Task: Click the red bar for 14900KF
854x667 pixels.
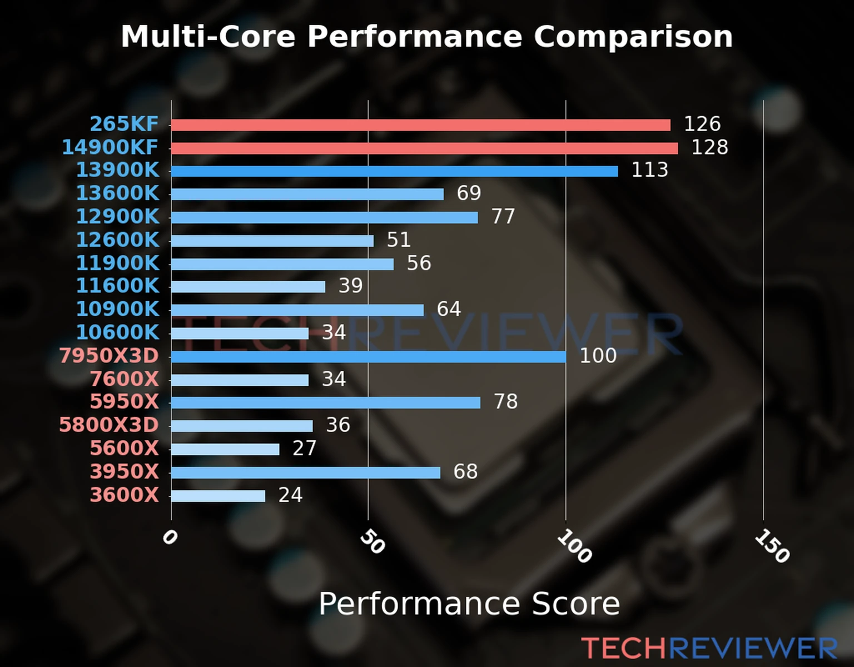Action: tap(424, 148)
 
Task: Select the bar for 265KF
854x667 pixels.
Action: tap(420, 125)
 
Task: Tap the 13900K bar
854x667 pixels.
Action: tap(394, 171)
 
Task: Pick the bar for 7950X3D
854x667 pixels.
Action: tap(368, 356)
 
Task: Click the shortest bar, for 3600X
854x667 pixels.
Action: tap(218, 496)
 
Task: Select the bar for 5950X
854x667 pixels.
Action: tap(325, 402)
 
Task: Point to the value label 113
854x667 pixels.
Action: tap(649, 170)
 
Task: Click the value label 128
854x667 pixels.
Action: tap(709, 147)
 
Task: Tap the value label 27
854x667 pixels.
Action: tap(304, 449)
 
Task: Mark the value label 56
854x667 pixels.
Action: tap(419, 263)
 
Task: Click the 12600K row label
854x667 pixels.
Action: tap(117, 240)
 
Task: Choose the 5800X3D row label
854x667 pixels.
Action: tap(109, 425)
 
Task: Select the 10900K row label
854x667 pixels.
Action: tap(117, 309)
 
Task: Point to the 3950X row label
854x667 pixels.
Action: tap(125, 472)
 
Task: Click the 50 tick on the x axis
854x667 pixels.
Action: tap(372, 542)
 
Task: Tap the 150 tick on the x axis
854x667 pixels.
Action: tap(772, 546)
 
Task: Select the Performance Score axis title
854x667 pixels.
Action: tap(469, 604)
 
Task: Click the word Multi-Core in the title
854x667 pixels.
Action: tap(208, 37)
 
